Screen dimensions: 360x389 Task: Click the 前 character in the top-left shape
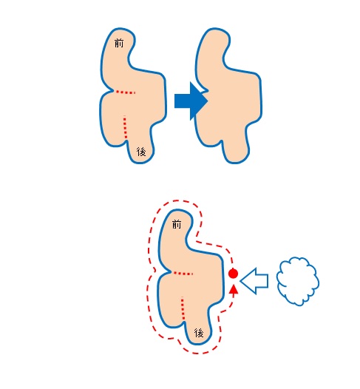tap(119, 43)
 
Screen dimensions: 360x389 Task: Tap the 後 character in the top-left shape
tap(141, 152)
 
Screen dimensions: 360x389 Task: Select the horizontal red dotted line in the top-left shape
tap(126, 92)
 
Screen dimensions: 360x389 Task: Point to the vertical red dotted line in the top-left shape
tap(125, 127)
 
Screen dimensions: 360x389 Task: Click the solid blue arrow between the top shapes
tap(191, 101)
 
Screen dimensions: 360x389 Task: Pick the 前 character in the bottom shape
tap(177, 224)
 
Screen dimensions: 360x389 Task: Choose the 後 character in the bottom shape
tap(199, 333)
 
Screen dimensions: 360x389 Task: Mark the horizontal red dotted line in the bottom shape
tap(183, 274)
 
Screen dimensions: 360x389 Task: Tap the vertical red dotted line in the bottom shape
tap(183, 308)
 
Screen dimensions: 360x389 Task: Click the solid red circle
tap(233, 274)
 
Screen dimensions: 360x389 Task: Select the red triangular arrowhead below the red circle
tap(234, 289)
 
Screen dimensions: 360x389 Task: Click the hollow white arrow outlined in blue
tap(254, 281)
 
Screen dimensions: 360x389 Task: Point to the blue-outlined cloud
tap(297, 281)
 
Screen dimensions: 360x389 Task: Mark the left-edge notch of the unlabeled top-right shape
tap(206, 91)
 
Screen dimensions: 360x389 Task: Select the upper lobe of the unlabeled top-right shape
tap(213, 48)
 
